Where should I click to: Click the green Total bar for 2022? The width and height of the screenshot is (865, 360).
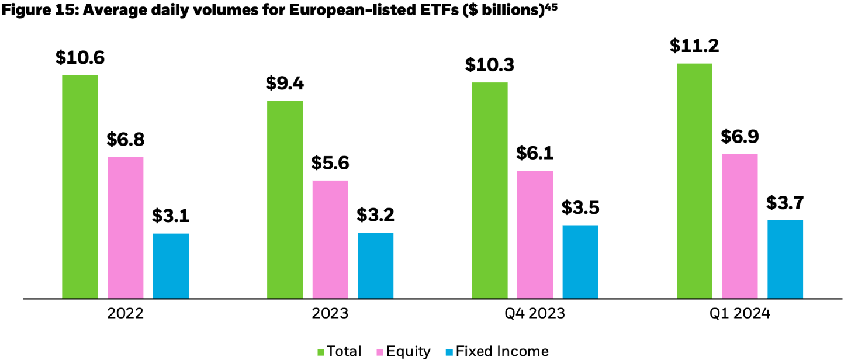click(79, 187)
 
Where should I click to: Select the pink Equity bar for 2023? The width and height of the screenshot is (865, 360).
click(330, 240)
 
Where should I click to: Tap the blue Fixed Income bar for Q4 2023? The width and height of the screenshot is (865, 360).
click(580, 262)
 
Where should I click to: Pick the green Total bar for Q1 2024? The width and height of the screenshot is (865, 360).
click(694, 181)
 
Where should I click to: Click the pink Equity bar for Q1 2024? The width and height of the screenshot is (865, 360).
click(740, 226)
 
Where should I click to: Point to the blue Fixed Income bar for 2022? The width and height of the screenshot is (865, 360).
click(171, 266)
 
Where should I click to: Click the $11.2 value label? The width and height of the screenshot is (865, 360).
click(694, 46)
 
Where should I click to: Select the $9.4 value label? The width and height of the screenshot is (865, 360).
click(285, 84)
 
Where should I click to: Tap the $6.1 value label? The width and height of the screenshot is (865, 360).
click(535, 153)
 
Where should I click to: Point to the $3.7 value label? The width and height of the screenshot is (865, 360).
click(785, 203)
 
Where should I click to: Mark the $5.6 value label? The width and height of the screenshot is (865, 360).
click(330, 163)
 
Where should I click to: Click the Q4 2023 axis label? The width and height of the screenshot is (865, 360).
click(535, 314)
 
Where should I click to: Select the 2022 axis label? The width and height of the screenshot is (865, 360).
click(125, 314)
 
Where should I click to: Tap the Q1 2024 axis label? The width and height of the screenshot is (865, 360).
click(739, 314)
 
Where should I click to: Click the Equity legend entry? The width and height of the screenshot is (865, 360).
click(407, 351)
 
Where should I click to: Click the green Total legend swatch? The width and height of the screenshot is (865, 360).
click(321, 351)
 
